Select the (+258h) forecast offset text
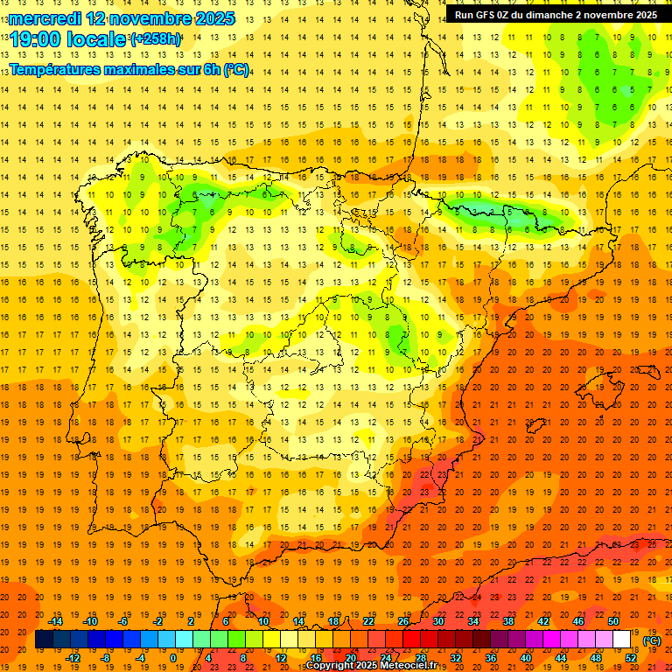(x=157, y=39)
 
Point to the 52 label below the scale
(x=631, y=658)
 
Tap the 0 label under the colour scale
(x=173, y=658)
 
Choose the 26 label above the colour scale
(x=403, y=621)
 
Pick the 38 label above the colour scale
(x=508, y=621)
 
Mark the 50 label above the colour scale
(x=613, y=621)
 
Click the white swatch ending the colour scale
(x=622, y=640)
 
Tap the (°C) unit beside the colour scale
(x=652, y=640)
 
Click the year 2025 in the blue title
(x=208, y=17)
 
